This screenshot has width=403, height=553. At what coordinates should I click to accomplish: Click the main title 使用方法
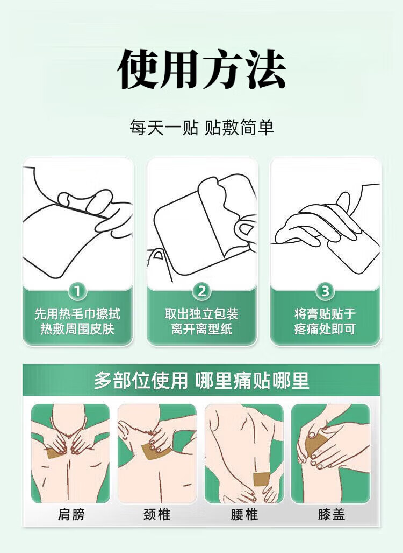click(201, 69)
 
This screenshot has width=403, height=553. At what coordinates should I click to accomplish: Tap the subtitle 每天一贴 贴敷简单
click(201, 127)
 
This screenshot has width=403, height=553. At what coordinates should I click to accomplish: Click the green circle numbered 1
click(77, 291)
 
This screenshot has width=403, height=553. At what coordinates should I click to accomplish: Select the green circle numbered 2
click(201, 291)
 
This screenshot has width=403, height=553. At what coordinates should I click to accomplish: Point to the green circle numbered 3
click(325, 291)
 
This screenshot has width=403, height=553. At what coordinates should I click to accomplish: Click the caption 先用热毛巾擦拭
click(77, 313)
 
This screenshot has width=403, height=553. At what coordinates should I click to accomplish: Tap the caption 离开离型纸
click(201, 329)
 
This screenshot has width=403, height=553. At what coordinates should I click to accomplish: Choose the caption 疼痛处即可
click(325, 329)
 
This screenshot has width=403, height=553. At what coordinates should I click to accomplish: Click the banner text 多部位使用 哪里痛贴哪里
click(201, 381)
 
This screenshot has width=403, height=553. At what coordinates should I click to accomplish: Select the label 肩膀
click(71, 514)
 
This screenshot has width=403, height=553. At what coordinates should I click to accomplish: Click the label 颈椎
click(157, 514)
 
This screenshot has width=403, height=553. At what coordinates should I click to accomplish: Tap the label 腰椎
click(244, 514)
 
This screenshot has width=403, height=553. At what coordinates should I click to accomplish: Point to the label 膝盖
click(331, 514)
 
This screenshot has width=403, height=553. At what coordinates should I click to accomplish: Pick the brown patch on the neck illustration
click(155, 451)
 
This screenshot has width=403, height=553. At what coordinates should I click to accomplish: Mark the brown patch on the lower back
click(262, 479)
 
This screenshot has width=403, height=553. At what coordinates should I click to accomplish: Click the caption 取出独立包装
click(201, 313)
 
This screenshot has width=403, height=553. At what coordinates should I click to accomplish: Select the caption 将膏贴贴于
click(325, 313)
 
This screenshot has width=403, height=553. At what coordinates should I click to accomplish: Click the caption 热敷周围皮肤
click(77, 329)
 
